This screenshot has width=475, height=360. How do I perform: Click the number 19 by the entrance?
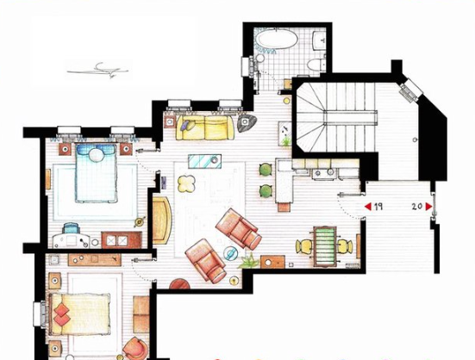coord(378,207)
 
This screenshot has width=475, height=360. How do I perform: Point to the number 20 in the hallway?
coord(416,207)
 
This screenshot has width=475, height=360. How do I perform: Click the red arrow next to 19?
coord(367,207)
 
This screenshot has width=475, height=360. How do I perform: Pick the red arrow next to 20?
coord(428,207)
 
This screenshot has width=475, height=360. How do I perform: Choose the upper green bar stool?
coord(266,171)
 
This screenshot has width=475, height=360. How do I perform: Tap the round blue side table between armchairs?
coord(230,252)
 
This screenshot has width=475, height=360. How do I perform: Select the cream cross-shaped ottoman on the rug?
coord(185,183)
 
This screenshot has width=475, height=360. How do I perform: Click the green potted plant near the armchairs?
coord(248,259)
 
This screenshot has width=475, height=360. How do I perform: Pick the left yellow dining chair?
coord(300,246)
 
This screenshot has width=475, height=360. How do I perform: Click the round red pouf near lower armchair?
coord(179,282)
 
